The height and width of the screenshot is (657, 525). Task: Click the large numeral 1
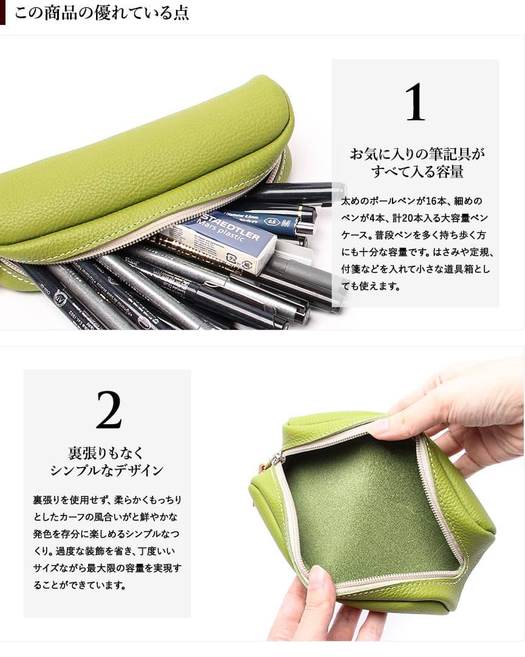pyautogui.click(x=415, y=102)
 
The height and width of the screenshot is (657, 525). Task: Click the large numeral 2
pyautogui.click(x=109, y=410)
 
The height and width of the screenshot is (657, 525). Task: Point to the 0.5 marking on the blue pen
pyautogui.click(x=273, y=222)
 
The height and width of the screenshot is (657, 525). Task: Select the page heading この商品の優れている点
pyautogui.click(x=101, y=13)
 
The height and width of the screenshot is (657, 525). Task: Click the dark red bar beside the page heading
pyautogui.click(x=2, y=13)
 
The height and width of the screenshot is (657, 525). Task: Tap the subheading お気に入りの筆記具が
pyautogui.click(x=417, y=154)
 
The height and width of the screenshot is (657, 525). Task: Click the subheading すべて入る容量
pyautogui.click(x=417, y=171)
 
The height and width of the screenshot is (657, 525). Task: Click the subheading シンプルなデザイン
pyautogui.click(x=106, y=470)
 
